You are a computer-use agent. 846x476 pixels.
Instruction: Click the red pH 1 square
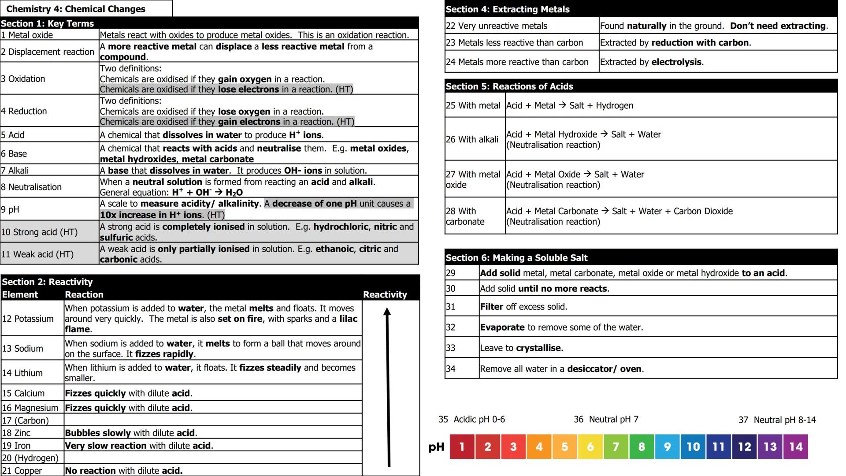(462, 446)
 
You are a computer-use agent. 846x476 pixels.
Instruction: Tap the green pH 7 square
(616, 446)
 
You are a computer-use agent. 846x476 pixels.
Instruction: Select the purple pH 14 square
(796, 446)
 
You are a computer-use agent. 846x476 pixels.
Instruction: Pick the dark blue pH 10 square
(693, 446)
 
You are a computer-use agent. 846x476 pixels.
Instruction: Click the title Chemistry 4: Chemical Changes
(76, 9)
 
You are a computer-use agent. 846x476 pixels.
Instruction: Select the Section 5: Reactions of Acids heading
(509, 86)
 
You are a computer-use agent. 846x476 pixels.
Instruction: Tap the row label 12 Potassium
(28, 319)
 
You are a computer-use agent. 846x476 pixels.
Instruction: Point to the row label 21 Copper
(22, 470)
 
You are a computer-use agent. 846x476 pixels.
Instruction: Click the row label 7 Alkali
(15, 171)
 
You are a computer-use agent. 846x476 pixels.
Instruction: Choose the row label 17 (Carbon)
(26, 420)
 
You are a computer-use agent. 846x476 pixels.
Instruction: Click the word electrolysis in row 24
(676, 62)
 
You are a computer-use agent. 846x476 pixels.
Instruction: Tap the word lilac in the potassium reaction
(348, 319)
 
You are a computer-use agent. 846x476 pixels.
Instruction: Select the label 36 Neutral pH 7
(606, 419)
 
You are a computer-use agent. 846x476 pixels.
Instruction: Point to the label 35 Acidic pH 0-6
(471, 419)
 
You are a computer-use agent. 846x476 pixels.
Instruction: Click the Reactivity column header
(385, 294)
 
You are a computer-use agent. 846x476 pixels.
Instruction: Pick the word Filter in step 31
(491, 307)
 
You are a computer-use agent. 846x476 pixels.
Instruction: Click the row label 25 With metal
(473, 106)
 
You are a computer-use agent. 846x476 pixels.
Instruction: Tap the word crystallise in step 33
(538, 348)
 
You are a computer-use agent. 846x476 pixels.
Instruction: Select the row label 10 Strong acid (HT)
(39, 232)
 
